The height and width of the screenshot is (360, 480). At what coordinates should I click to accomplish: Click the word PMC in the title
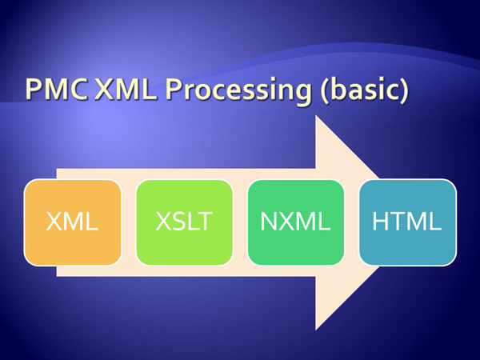pos(56,90)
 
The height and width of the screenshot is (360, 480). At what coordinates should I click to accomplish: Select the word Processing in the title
pos(238,92)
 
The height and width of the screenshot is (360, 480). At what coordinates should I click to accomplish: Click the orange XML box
pos(73,222)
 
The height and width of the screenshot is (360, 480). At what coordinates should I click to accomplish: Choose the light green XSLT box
pos(184,222)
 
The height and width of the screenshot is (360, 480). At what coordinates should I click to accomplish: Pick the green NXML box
pos(296,222)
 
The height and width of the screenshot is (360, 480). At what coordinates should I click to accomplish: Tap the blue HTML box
pos(408,222)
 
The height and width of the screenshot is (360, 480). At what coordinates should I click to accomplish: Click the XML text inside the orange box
pos(72,221)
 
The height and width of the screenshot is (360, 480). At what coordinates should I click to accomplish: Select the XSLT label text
pos(184,221)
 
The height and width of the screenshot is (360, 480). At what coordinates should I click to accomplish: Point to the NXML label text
pos(295,221)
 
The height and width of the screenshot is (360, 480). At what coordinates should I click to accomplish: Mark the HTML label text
pos(407,221)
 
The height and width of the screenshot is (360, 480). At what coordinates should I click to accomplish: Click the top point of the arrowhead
pos(316,115)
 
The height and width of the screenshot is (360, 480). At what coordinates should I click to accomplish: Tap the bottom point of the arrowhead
pos(316,330)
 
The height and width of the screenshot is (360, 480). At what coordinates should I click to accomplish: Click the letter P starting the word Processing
pos(173,90)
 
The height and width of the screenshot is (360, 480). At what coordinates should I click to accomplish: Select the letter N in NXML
pos(269,221)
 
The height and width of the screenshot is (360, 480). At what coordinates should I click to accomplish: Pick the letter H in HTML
pos(380,221)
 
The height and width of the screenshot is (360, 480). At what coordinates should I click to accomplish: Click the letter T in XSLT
pos(204,221)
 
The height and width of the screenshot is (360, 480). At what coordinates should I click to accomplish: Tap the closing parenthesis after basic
pos(404,91)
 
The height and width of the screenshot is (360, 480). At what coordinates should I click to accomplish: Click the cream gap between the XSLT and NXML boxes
pos(240,222)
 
